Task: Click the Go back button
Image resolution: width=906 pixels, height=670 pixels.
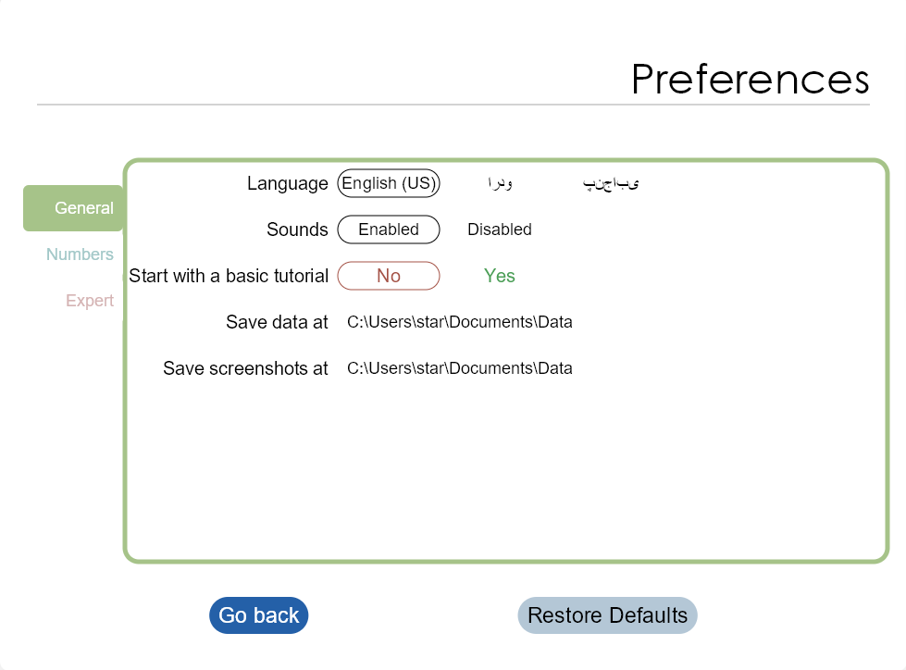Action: click(259, 615)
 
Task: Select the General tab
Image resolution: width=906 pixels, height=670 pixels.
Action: click(73, 208)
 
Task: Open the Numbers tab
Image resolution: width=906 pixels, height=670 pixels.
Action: click(80, 254)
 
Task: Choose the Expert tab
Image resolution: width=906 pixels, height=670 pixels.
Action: click(90, 301)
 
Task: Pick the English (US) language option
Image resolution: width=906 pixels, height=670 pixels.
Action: click(389, 183)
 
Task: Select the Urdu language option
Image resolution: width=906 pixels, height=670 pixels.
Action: click(500, 183)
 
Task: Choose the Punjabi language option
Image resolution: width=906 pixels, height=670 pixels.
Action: click(611, 183)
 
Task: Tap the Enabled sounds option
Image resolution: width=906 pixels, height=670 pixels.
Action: click(389, 230)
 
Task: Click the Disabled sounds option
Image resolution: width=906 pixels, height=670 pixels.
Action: click(500, 230)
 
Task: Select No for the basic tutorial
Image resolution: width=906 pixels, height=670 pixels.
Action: click(389, 276)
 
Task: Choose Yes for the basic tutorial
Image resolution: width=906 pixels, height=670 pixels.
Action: click(500, 276)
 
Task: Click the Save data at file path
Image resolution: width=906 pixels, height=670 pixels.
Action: click(460, 322)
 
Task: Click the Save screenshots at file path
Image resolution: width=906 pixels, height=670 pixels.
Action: click(460, 368)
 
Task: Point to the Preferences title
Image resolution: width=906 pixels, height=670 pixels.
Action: click(751, 80)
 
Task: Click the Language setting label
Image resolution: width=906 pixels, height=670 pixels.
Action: click(288, 183)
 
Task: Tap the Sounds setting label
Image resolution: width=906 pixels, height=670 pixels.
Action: click(298, 230)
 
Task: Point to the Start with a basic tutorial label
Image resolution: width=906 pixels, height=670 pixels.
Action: click(229, 276)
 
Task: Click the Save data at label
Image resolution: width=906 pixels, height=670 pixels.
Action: click(278, 322)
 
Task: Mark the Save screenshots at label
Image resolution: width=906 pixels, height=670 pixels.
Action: click(245, 368)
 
